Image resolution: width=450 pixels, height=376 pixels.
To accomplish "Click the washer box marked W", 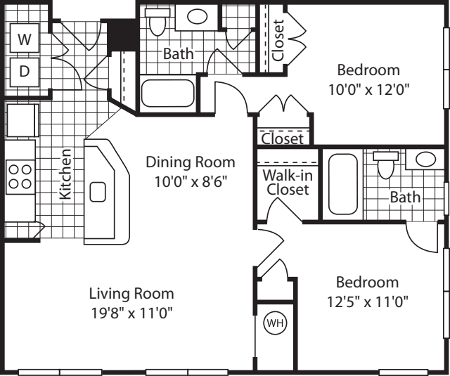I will [x=25, y=40].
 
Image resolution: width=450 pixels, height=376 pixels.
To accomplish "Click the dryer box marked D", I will [x=25, y=72].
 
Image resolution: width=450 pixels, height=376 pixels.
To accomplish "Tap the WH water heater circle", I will [x=274, y=323].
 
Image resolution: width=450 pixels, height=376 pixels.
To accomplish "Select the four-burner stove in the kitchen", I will [x=20, y=176].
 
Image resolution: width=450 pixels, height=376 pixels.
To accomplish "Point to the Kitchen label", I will [x=65, y=174].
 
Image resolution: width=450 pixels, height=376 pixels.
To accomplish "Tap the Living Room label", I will [x=131, y=294].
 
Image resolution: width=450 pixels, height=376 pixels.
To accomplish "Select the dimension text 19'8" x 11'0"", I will [x=131, y=312].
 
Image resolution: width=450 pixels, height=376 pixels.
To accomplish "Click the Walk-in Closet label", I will [x=287, y=182].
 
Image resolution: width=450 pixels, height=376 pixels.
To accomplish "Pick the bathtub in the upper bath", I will [x=168, y=93].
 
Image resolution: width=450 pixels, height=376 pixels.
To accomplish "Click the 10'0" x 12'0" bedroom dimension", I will [x=368, y=89].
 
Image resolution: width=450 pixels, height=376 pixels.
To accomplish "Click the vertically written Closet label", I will [x=278, y=39].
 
